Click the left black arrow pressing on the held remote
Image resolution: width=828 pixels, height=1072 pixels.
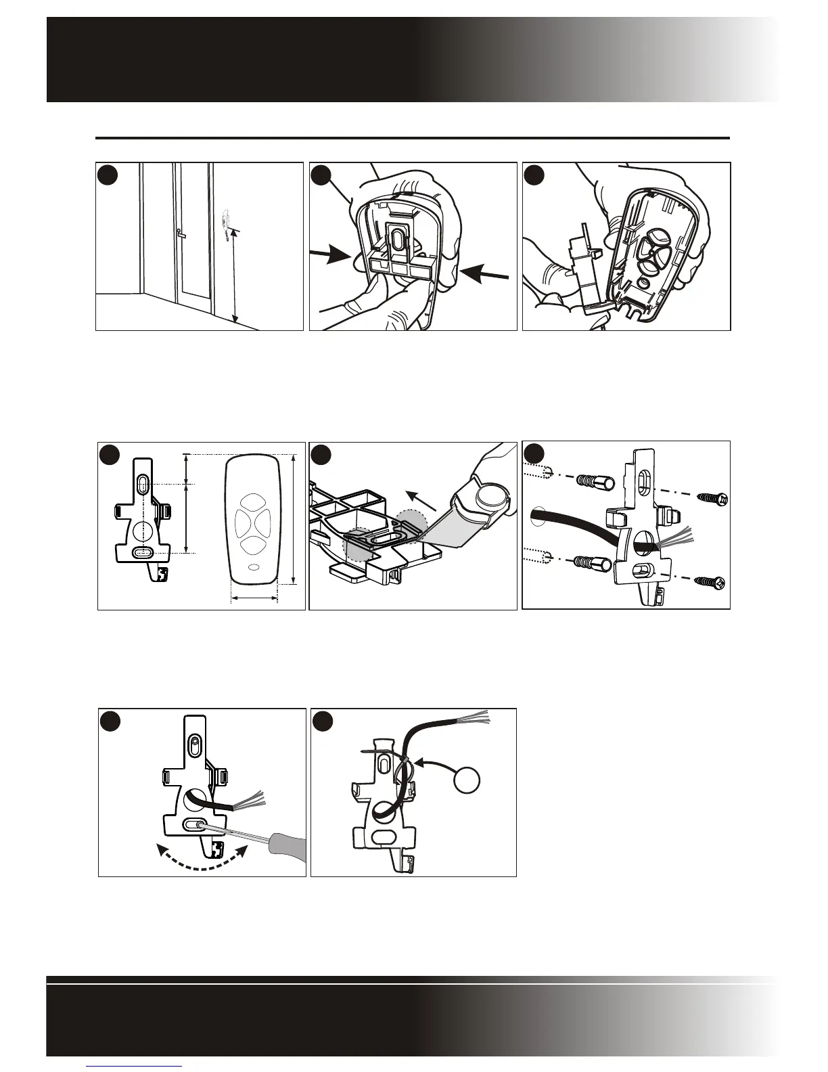click(330, 256)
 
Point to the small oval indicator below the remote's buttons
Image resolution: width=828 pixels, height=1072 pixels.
click(254, 568)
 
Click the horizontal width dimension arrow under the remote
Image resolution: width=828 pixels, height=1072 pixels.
click(254, 598)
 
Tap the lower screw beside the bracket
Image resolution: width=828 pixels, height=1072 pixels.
click(710, 581)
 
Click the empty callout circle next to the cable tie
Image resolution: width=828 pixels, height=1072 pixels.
click(467, 781)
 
